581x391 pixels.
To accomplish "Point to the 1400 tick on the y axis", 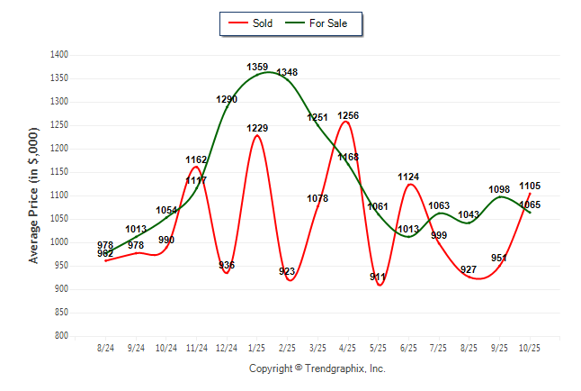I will click(x=60, y=55).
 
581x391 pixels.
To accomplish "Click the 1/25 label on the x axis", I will click(x=257, y=348).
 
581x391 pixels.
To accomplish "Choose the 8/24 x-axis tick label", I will click(x=105, y=348).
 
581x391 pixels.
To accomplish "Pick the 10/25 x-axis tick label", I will click(x=530, y=348).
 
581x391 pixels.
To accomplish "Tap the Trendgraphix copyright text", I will click(x=317, y=368).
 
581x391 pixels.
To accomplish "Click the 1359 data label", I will click(x=257, y=67).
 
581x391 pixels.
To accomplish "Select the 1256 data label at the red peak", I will click(x=348, y=115).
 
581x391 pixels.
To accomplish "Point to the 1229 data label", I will click(x=257, y=128).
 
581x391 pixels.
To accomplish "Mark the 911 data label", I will click(x=379, y=277).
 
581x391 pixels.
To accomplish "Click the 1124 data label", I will click(x=408, y=177).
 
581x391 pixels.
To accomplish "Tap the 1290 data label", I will click(x=227, y=99).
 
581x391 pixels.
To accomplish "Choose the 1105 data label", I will click(x=530, y=186).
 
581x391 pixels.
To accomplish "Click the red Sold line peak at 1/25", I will click(x=257, y=136).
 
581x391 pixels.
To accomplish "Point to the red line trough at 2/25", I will click(x=290, y=280).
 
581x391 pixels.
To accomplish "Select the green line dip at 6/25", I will click(x=408, y=236).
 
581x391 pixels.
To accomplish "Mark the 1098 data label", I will click(x=499, y=189).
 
